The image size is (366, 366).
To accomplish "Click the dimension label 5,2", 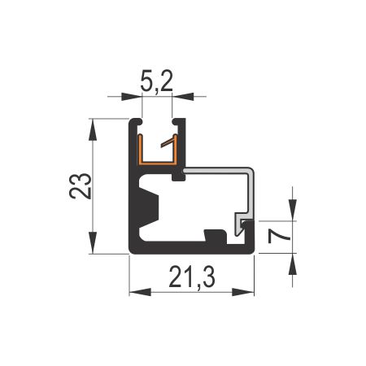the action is click(157, 81).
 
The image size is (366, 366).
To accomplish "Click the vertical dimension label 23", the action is click(81, 186).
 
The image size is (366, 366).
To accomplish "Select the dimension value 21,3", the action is click(192, 277).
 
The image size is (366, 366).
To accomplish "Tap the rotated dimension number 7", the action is click(279, 236).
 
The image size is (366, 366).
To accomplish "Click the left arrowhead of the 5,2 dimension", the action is click(132, 97).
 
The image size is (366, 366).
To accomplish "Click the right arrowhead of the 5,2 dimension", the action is click(183, 97).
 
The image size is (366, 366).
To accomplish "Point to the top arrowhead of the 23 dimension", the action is click(93, 129).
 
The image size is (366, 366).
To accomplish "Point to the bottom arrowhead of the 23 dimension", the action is click(93, 242).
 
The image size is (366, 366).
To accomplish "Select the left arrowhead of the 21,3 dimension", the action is click(140, 292).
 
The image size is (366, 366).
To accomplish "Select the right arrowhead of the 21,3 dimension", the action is click(243, 292).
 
